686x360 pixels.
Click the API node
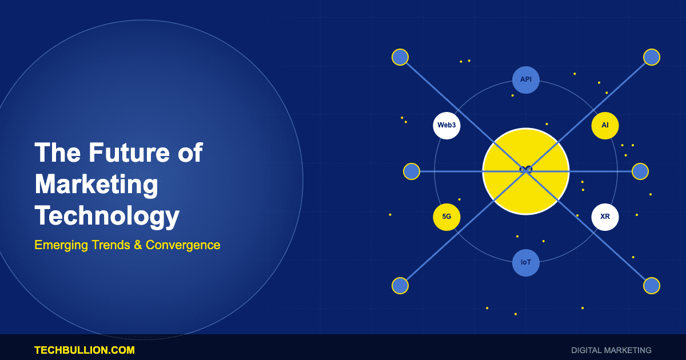click(x=526, y=80)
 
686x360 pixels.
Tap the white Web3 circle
click(x=446, y=126)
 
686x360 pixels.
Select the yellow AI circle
click(x=605, y=126)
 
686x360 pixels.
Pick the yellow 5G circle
click(x=446, y=217)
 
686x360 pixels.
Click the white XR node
click(x=605, y=217)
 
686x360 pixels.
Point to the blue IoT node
click(x=526, y=263)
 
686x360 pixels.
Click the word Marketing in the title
click(x=96, y=185)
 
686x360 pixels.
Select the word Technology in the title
click(x=107, y=216)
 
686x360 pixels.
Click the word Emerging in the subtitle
click(x=61, y=245)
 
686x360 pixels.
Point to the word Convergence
click(x=183, y=245)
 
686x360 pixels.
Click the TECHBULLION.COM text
click(x=85, y=350)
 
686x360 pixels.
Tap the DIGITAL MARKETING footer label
click(x=611, y=350)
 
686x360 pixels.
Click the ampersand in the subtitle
click(x=137, y=245)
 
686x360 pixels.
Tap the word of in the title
click(x=190, y=153)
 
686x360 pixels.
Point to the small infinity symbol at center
click(x=526, y=169)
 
